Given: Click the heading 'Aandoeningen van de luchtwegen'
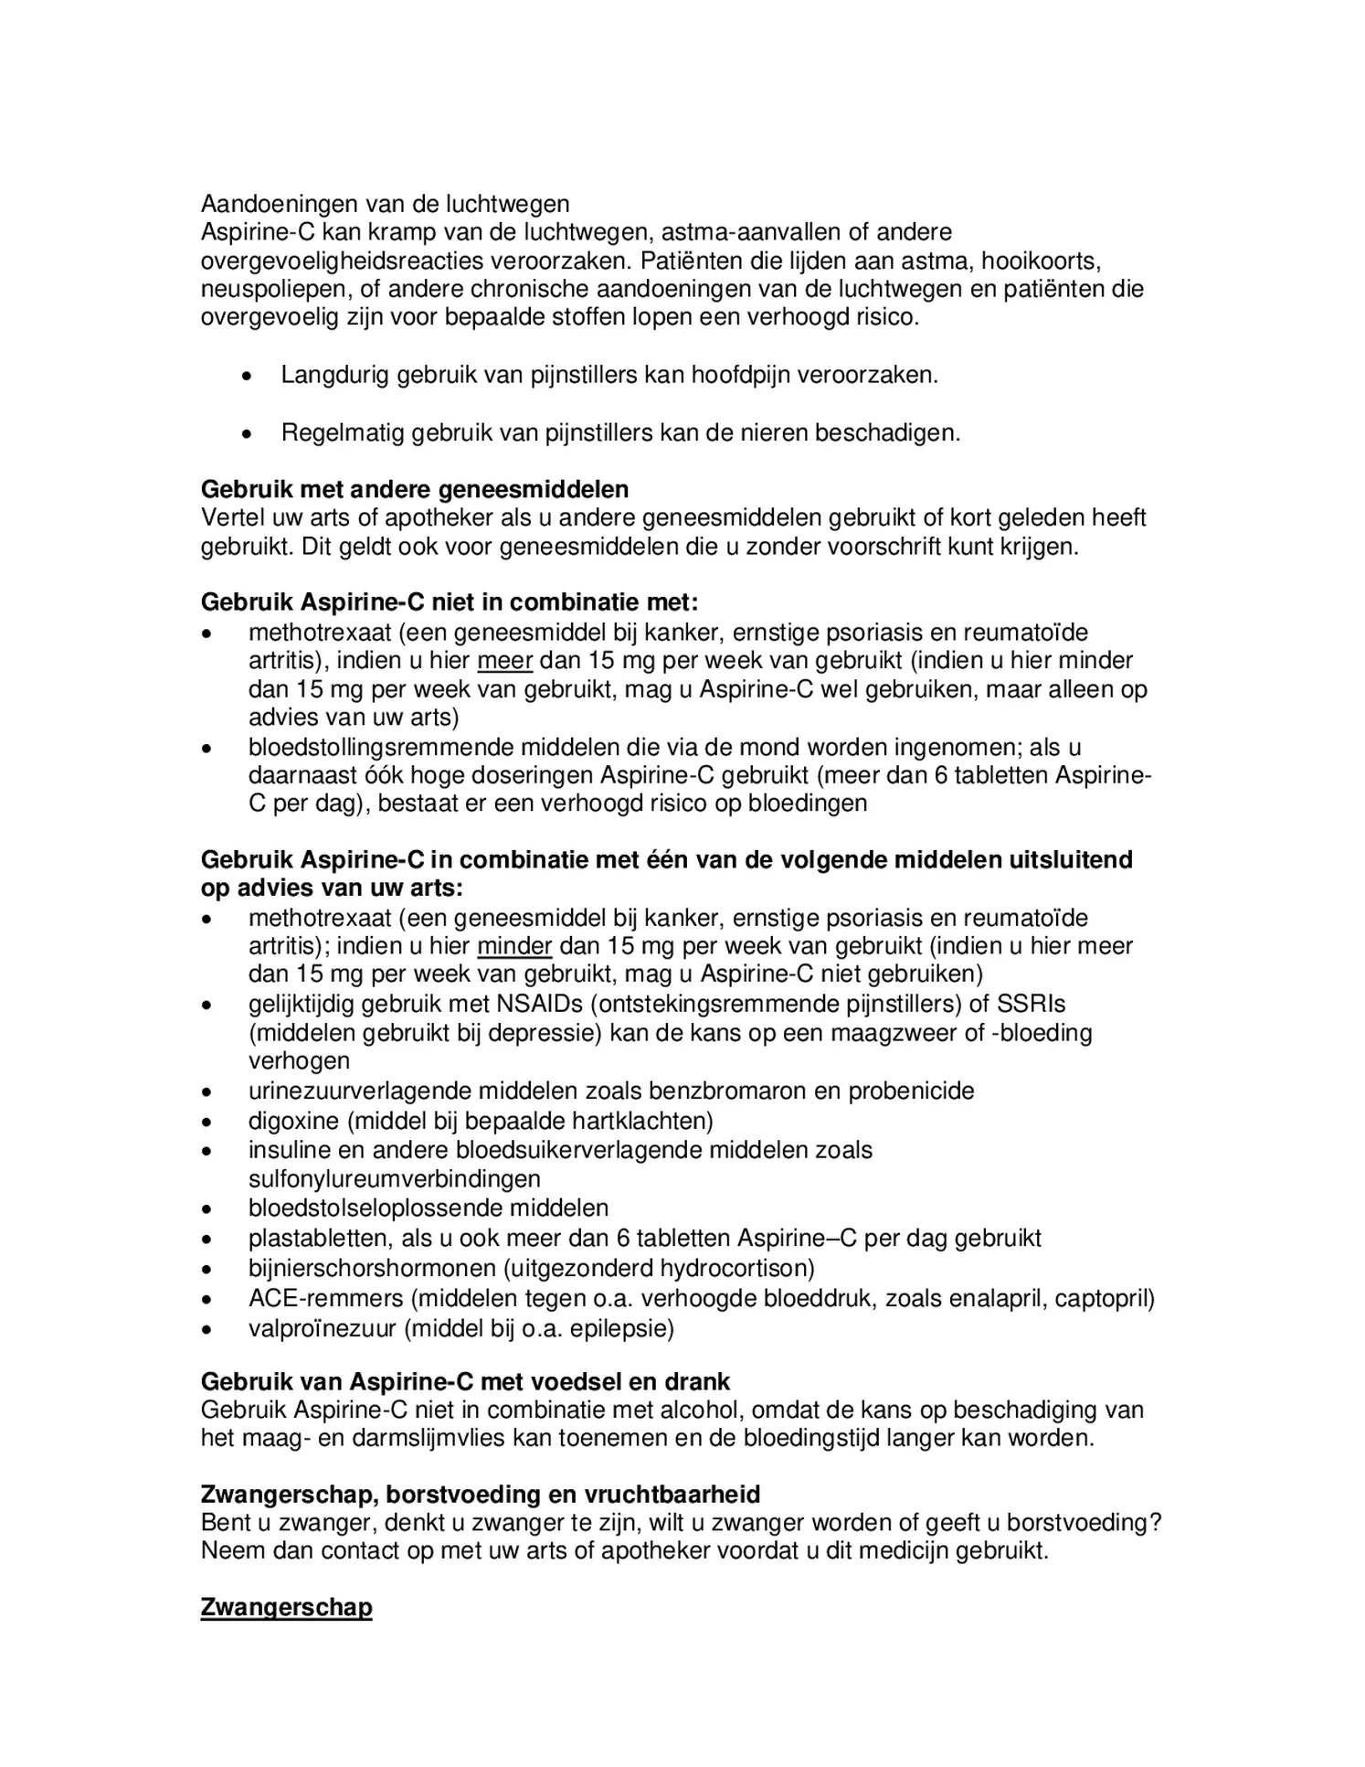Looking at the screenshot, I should pyautogui.click(x=385, y=203).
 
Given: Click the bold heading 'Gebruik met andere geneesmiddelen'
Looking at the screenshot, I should pyautogui.click(x=414, y=489).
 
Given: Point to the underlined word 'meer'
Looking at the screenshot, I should pyautogui.click(x=504, y=660).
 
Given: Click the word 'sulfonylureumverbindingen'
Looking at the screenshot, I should pyautogui.click(x=394, y=1178).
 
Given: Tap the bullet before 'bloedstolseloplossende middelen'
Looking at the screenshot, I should pyautogui.click(x=208, y=1208).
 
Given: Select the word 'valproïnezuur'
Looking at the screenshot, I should pyautogui.click(x=322, y=1327).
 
